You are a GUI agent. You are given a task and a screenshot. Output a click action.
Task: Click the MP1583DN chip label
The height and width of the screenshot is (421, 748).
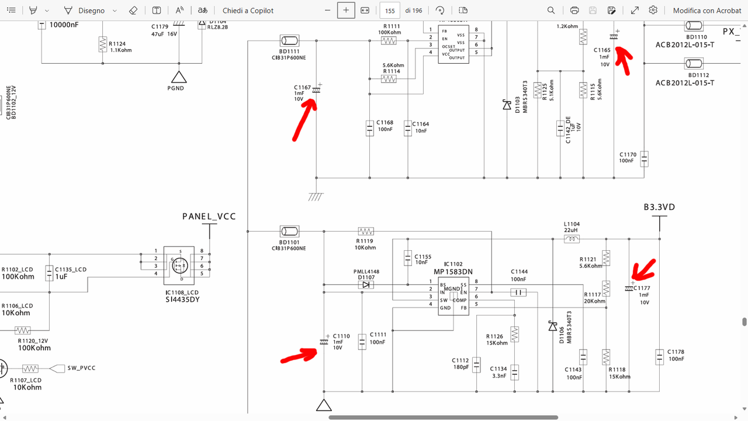453,272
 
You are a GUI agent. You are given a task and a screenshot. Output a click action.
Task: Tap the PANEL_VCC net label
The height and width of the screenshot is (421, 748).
209,216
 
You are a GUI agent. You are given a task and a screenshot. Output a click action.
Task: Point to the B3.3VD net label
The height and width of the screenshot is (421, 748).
659,208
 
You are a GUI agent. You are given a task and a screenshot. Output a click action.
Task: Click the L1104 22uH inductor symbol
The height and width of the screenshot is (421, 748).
572,239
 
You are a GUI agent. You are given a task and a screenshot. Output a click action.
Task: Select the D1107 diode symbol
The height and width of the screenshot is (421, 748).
366,285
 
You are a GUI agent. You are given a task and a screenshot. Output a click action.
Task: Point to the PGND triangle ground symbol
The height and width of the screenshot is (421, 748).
178,76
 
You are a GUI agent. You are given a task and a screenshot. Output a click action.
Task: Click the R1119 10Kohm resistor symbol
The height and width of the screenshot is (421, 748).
365,231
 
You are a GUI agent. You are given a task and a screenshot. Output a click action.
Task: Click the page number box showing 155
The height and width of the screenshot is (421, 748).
389,11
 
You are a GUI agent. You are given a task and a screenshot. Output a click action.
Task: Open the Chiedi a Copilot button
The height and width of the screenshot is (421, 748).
248,11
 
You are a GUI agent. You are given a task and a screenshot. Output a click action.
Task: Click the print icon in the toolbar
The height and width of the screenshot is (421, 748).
574,11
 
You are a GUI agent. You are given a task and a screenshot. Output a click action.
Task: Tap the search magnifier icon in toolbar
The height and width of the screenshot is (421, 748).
551,11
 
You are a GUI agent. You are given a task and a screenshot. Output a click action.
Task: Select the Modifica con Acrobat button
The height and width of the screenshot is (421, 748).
707,11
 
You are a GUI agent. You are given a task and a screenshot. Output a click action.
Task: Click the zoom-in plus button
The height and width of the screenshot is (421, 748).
346,11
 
